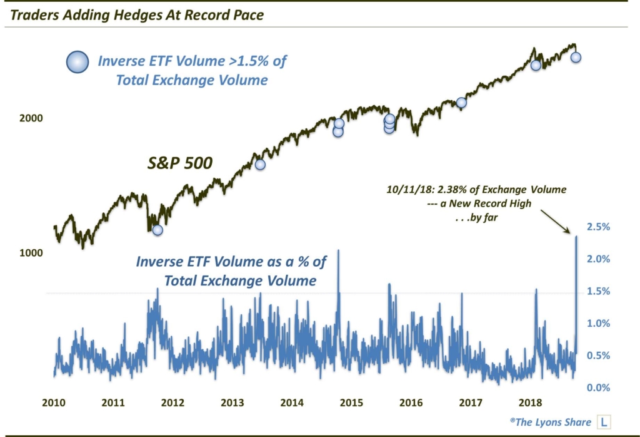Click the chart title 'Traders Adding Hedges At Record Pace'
coord(134,14)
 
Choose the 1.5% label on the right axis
coord(598,291)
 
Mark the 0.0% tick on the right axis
coord(598,388)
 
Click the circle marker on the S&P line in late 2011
coord(157,230)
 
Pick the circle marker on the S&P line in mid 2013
coord(260,165)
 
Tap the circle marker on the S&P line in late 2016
coord(461,103)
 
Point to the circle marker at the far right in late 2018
coord(576,58)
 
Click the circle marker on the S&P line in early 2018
coord(535,65)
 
